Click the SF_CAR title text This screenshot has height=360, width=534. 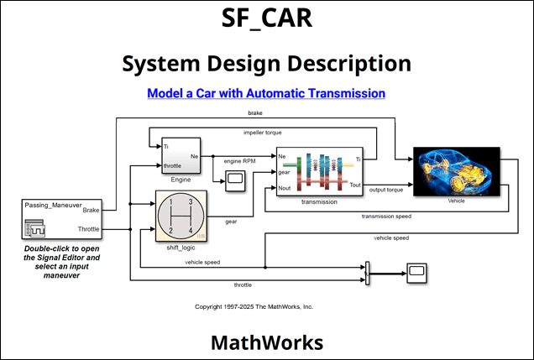[266, 19]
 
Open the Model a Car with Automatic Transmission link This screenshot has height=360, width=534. [266, 93]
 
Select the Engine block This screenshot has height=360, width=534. [181, 155]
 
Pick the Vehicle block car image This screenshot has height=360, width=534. [457, 171]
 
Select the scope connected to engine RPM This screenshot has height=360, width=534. [234, 177]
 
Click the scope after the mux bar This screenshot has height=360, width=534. [416, 270]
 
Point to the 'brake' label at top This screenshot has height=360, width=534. [254, 112]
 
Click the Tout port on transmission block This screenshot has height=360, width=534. [356, 185]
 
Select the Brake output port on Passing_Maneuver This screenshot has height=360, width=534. [114, 209]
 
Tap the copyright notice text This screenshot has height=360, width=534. [254, 307]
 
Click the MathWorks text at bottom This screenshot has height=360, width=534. [266, 342]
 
